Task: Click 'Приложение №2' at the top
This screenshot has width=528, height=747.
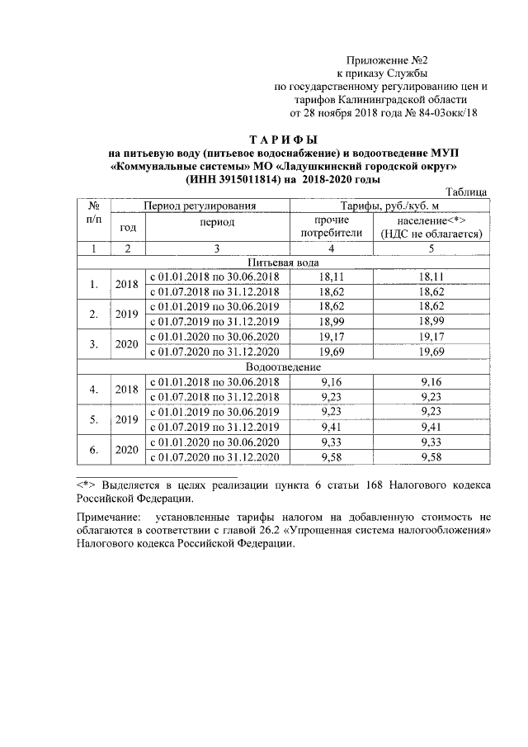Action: (x=386, y=61)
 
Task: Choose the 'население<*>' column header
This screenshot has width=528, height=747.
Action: (x=431, y=221)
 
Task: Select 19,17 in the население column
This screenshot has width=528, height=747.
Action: (x=431, y=337)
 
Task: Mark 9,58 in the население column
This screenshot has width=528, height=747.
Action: (x=431, y=457)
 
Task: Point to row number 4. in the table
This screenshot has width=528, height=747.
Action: (x=93, y=389)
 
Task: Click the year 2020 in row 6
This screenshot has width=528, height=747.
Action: (x=126, y=450)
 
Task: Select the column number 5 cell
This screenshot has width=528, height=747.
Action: (x=431, y=248)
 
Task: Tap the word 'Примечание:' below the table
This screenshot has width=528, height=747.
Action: (x=106, y=515)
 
